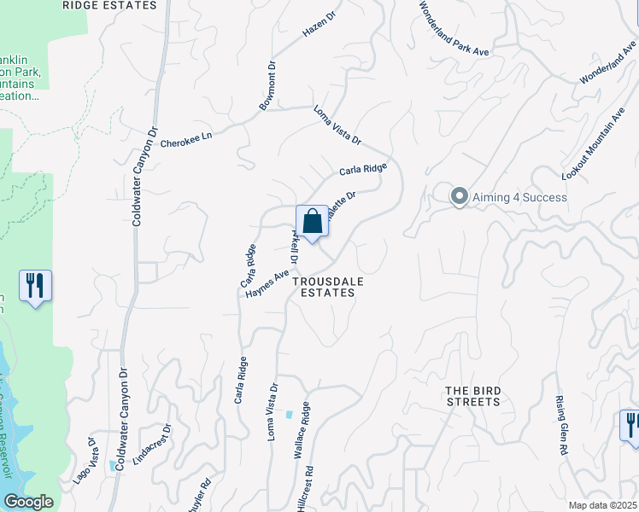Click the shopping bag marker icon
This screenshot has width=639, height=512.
coord(312,221)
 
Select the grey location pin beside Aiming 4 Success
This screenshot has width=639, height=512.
coord(459,196)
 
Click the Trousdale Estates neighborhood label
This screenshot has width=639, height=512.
coord(324,286)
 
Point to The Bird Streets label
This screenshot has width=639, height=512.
coord(472,396)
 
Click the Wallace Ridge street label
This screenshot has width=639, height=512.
coord(302,434)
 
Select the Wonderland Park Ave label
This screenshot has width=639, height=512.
coord(453,28)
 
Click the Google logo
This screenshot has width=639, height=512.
coord(27,502)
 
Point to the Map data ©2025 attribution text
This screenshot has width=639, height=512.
coord(602,505)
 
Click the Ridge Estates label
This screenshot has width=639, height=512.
coord(110,5)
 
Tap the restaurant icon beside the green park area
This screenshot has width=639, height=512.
coord(35,285)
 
